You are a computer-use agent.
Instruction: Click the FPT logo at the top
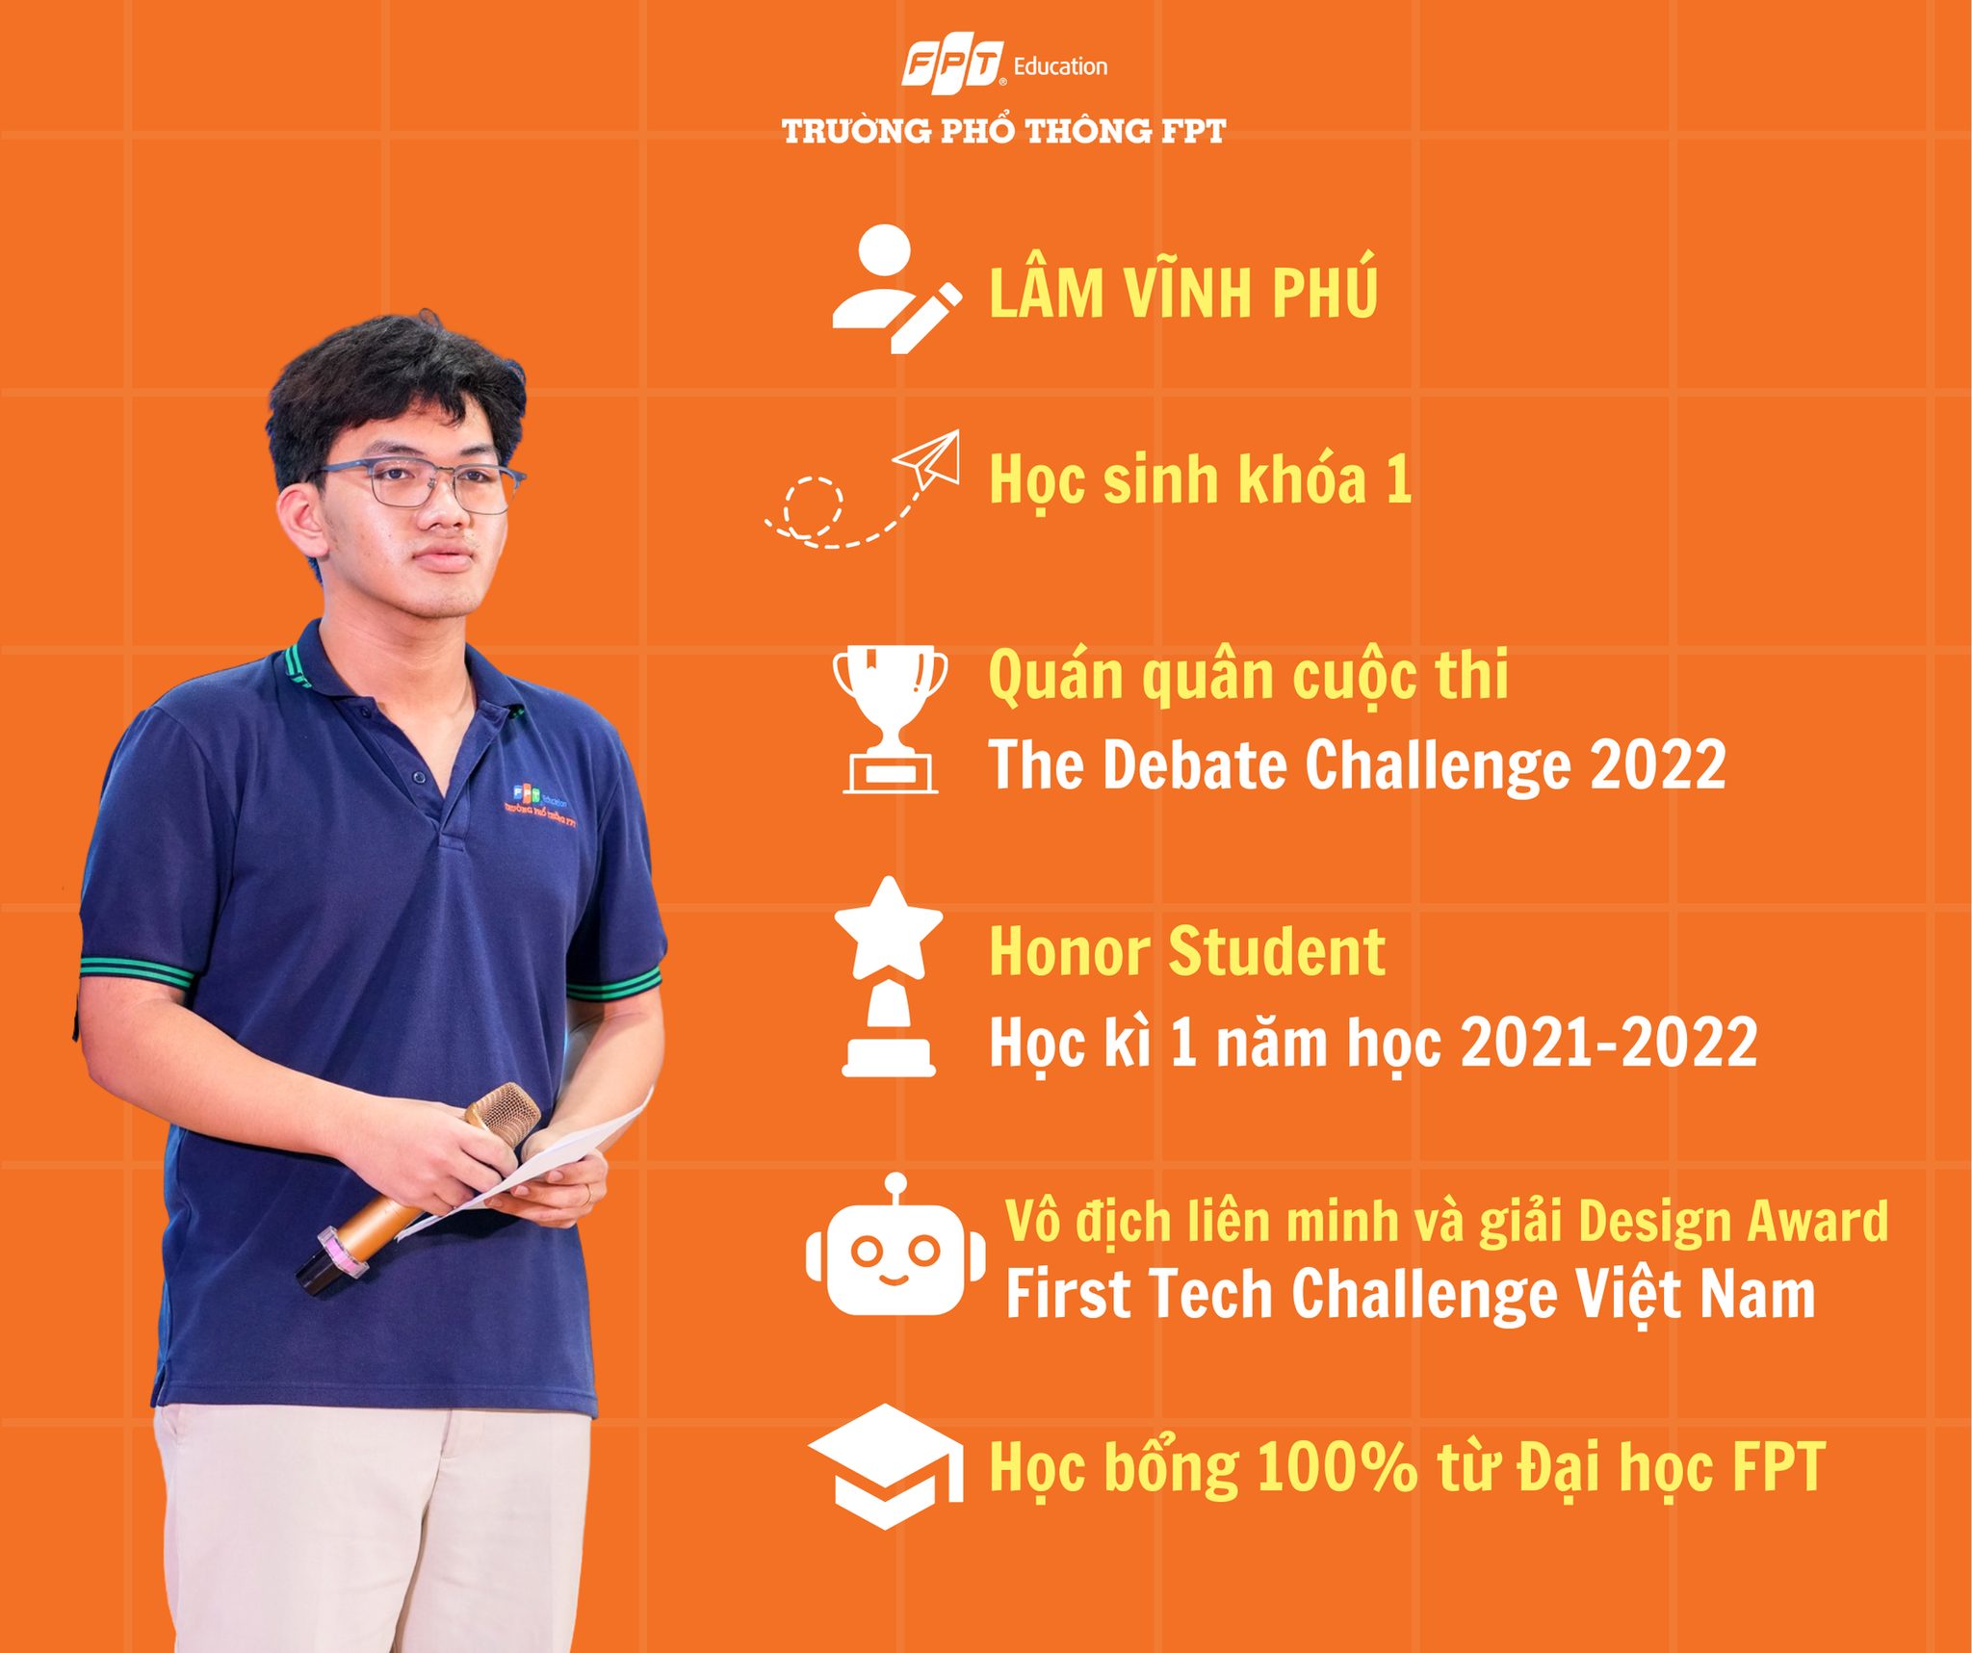click(952, 66)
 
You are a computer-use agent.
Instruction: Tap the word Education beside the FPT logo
click(1060, 66)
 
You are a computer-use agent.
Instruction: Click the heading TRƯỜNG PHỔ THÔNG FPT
click(1003, 131)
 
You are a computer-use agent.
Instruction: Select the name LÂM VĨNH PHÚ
click(1183, 291)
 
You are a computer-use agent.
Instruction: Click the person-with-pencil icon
click(896, 289)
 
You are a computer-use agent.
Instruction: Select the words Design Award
click(1732, 1221)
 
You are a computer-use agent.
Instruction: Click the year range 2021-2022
click(1609, 1043)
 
